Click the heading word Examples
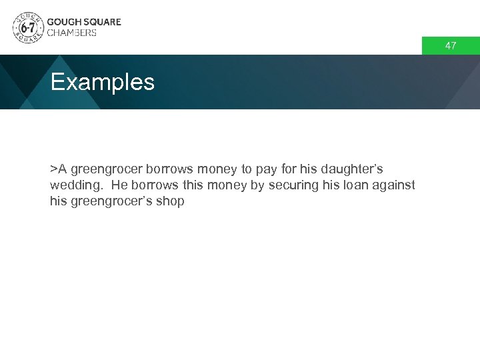point(102,83)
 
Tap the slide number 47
point(451,46)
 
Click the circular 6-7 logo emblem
point(27,27)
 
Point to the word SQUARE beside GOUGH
point(102,22)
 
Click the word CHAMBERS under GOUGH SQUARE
point(72,33)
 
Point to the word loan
point(355,185)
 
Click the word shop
point(170,201)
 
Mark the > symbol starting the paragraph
point(53,169)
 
